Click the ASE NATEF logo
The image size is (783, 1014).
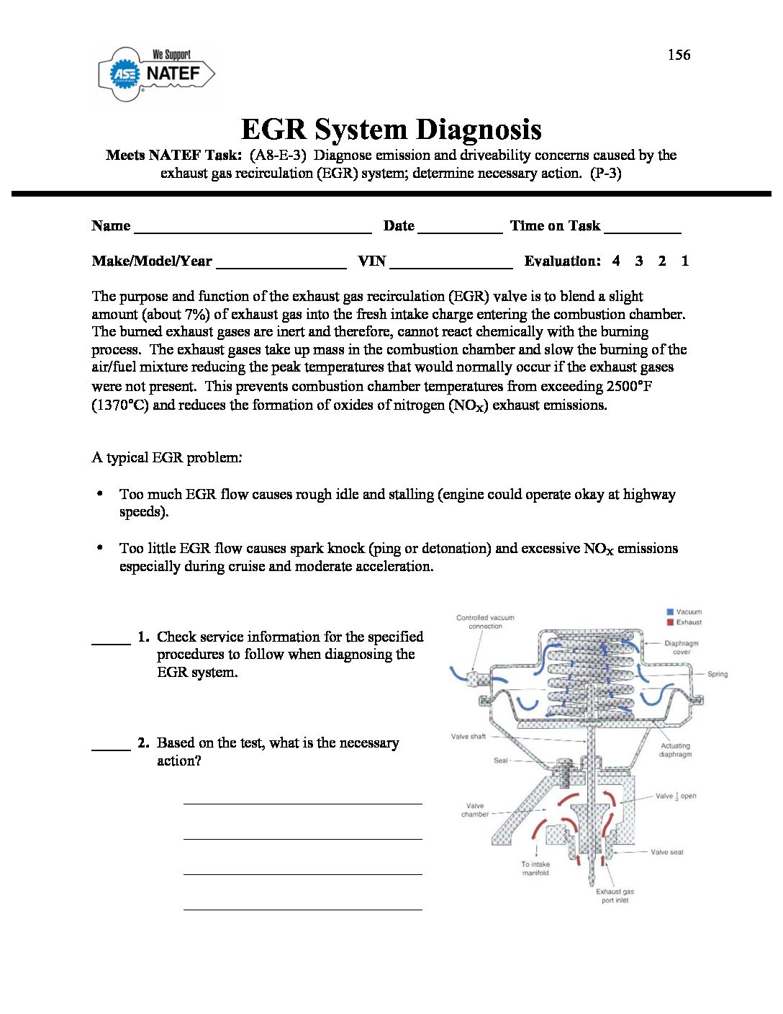point(156,74)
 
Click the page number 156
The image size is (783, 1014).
point(679,55)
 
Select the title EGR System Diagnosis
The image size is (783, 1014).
point(391,130)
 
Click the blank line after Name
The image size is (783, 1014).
point(253,229)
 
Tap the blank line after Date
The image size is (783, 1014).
point(460,229)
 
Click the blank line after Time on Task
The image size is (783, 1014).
point(642,229)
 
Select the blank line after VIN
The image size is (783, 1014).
point(451,264)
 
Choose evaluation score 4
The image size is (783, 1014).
point(616,261)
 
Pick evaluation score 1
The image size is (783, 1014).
point(684,261)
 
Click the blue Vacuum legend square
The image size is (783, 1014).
point(669,612)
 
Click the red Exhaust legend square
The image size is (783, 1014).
point(669,622)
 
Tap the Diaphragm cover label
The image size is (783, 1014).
point(681,647)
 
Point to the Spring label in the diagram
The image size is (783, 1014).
point(717,674)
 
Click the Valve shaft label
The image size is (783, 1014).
point(468,736)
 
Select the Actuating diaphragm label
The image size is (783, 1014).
point(675,750)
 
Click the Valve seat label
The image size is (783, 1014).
point(666,852)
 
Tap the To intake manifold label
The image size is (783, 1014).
point(535,869)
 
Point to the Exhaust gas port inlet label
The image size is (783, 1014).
point(615,896)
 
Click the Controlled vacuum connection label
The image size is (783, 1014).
point(485,622)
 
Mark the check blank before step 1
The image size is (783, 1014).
point(111,640)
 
